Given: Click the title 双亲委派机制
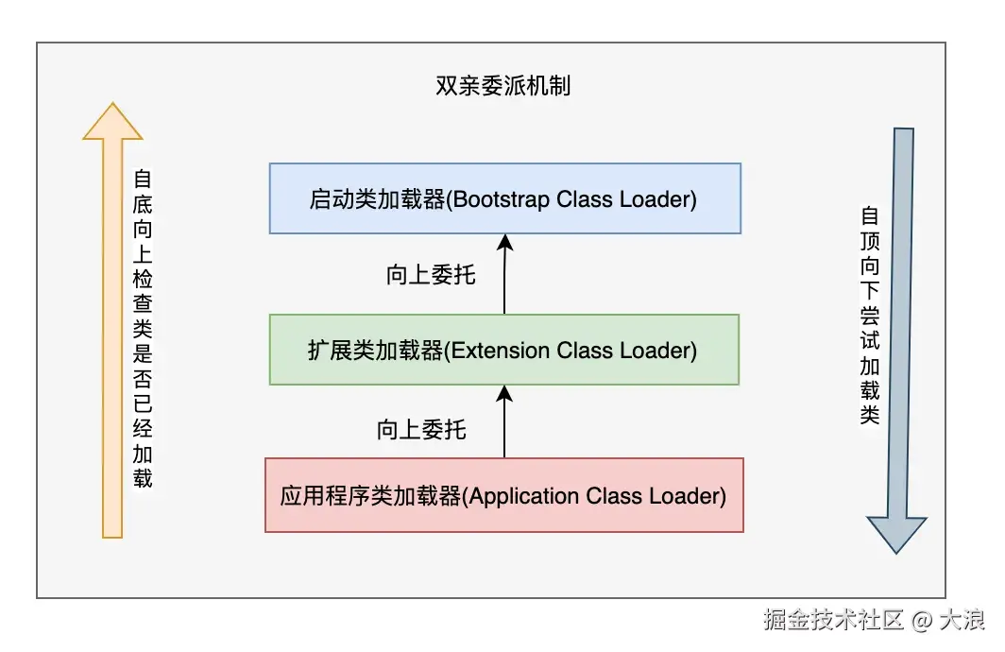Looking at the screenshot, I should [502, 87].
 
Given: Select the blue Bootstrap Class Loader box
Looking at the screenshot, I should [504, 198].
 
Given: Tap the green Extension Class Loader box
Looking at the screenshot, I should [504, 350].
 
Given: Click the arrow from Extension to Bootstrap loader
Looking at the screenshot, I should [504, 274].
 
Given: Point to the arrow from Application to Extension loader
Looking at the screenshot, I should [504, 421].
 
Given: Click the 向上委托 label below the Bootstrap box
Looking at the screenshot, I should [431, 275].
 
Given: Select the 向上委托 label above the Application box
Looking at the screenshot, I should [421, 430].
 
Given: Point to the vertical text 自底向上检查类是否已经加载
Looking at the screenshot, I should [143, 328].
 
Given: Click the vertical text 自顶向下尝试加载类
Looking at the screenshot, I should [870, 316].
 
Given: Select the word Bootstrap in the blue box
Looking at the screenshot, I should [497, 199].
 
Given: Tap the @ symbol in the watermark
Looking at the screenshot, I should [922, 621].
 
